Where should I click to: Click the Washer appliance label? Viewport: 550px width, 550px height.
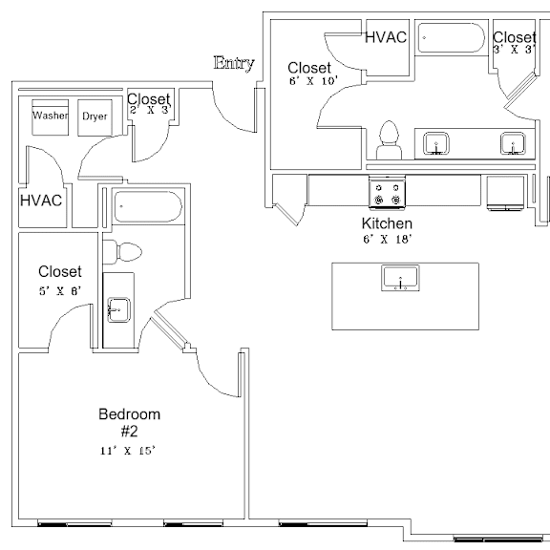coord(51,115)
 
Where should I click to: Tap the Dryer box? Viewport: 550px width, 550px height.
coord(95,117)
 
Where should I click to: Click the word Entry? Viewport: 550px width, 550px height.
coord(234,63)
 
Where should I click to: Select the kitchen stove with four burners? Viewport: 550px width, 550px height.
coord(388,193)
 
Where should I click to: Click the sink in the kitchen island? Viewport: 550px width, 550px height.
coord(400,278)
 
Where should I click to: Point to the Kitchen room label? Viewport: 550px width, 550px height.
coord(387,223)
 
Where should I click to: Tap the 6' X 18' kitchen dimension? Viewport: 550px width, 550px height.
coord(388,240)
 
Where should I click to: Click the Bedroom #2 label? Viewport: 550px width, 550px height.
coord(130,423)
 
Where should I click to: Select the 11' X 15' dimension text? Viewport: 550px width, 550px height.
coord(128,451)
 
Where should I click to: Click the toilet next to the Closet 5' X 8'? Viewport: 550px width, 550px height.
coord(122,252)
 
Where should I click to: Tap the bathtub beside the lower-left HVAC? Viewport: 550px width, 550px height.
coord(148,206)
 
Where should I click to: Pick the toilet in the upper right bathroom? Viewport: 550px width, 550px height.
coord(389,140)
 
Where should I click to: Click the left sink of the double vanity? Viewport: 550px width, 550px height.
coord(436,143)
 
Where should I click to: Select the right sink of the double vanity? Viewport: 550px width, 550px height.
coord(513,143)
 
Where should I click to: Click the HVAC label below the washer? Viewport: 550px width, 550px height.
coord(41,201)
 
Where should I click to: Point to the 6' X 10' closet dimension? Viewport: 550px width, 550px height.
coord(313,80)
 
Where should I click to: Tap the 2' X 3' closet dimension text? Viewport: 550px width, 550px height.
coord(150,110)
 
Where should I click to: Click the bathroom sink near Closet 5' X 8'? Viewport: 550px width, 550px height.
coord(118,310)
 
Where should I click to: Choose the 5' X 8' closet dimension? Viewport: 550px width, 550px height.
coord(60,291)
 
